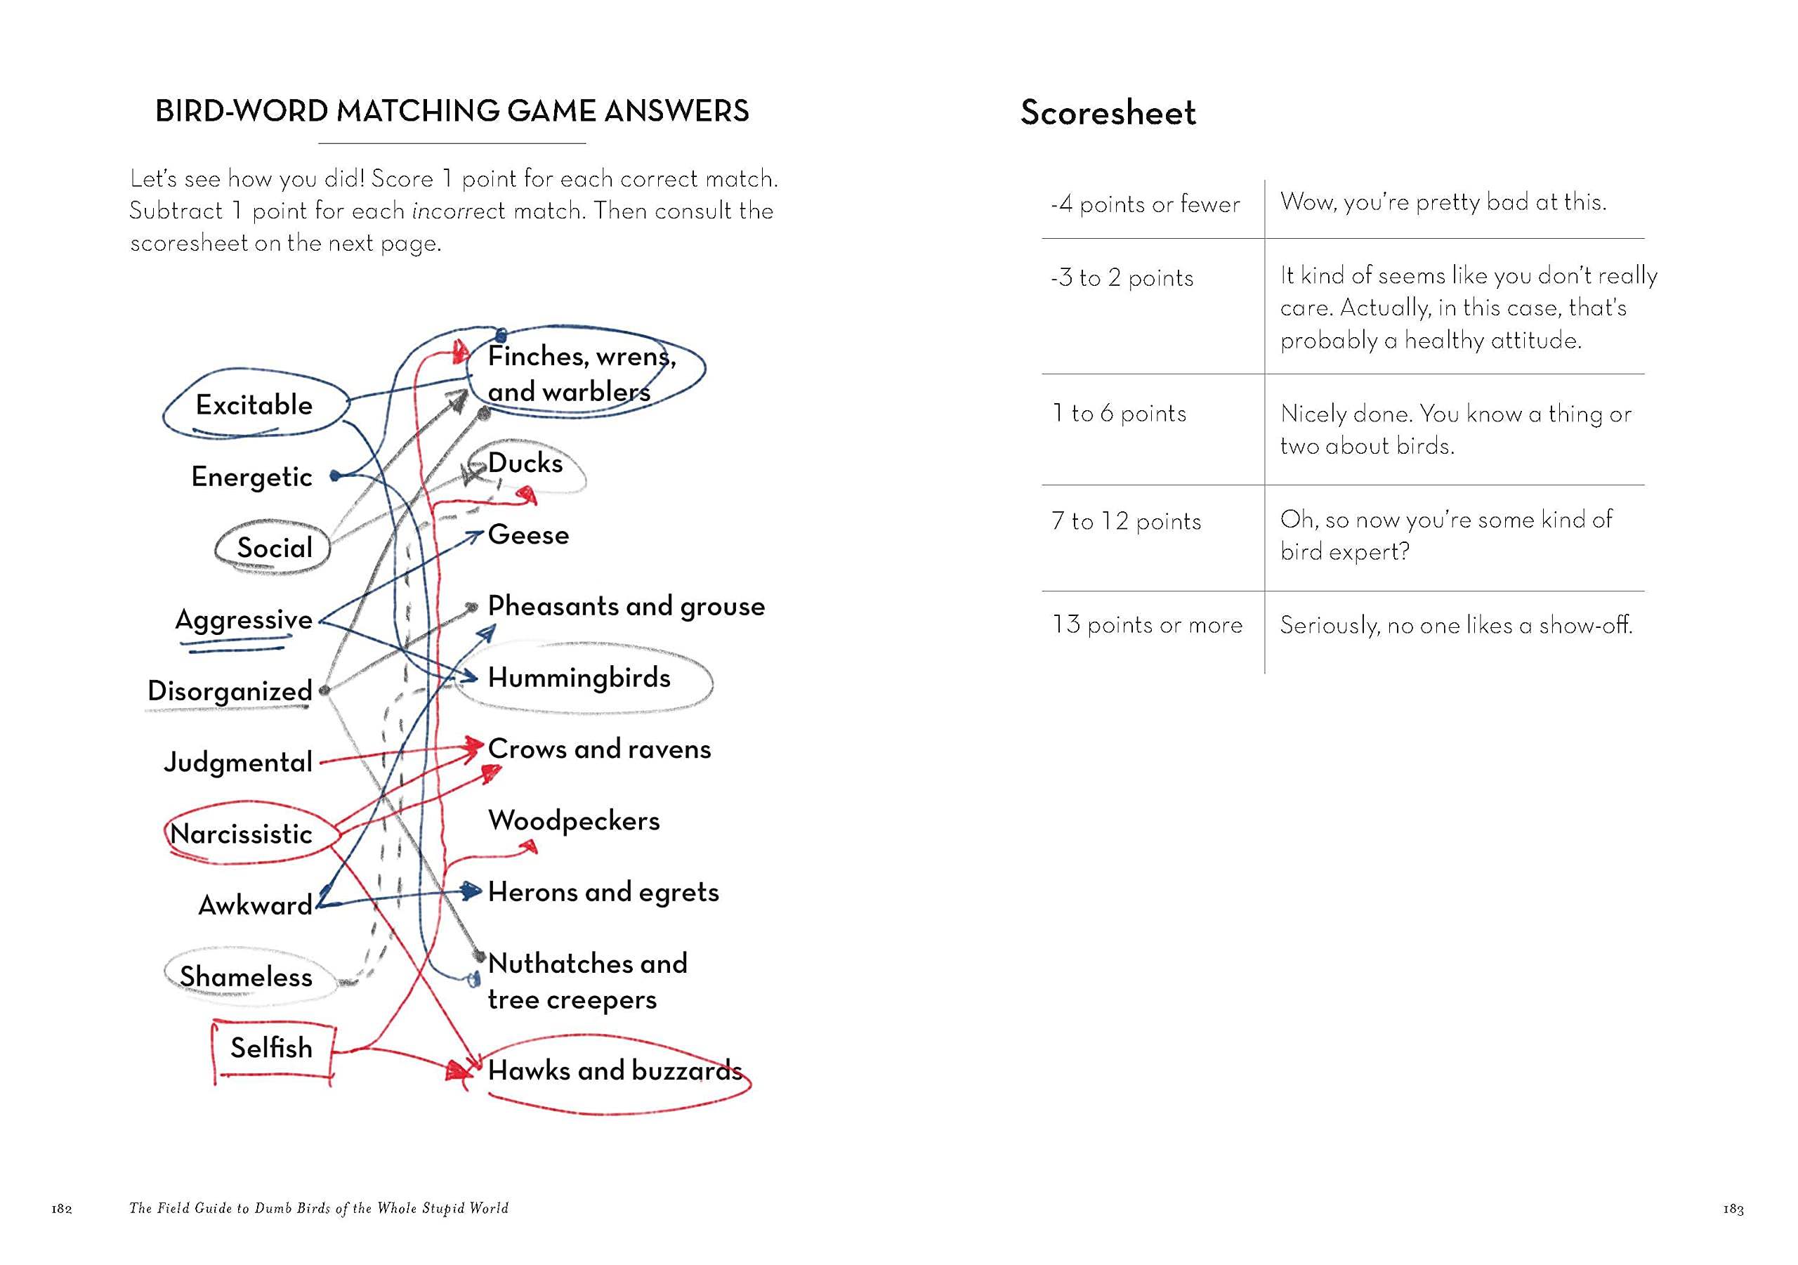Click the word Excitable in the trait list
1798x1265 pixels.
click(x=254, y=405)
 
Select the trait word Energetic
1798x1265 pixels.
click(x=251, y=476)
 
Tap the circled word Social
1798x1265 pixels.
click(x=274, y=548)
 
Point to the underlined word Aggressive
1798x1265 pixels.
click(x=244, y=620)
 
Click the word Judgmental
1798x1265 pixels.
click(x=238, y=762)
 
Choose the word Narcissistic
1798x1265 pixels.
click(x=241, y=834)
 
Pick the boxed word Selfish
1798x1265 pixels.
click(x=271, y=1048)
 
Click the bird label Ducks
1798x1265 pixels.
click(x=525, y=463)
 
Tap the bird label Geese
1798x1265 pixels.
click(x=527, y=535)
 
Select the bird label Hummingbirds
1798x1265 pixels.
click(x=579, y=678)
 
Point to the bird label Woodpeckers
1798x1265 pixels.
click(x=573, y=820)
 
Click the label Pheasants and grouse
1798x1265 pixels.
click(x=626, y=606)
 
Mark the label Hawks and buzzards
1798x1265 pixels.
click(x=615, y=1070)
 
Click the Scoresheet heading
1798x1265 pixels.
click(x=1108, y=113)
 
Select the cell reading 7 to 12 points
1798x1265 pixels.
click(x=1125, y=522)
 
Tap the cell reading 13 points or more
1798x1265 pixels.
click(x=1146, y=625)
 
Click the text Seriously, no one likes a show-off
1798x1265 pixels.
click(x=1456, y=625)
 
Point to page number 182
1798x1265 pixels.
click(x=62, y=1209)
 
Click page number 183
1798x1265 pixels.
click(x=1733, y=1209)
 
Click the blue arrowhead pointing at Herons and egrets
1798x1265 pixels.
click(x=471, y=891)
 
